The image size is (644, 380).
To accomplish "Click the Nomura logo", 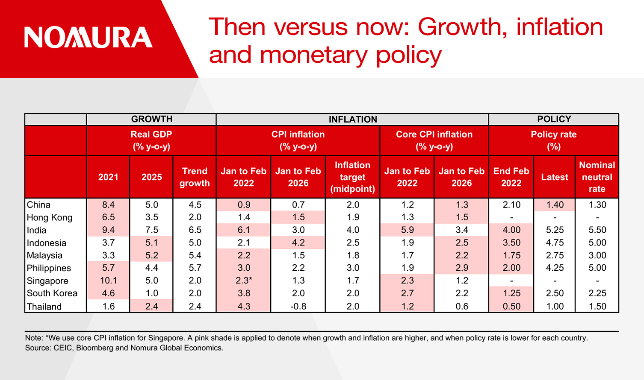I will (x=89, y=37).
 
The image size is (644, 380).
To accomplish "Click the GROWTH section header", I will (x=151, y=119).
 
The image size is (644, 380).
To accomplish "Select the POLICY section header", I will (x=554, y=119).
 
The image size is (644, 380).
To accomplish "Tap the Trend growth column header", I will (x=195, y=177).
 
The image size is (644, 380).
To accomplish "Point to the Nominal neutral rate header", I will (x=597, y=177).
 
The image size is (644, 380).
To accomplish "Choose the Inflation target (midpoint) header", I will (x=352, y=177).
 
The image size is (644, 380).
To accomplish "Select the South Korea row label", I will (x=52, y=293).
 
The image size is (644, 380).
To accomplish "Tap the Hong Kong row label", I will (x=50, y=217).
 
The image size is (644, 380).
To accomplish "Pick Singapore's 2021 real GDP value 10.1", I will (x=108, y=281).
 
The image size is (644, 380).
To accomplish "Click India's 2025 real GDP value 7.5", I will (x=152, y=230).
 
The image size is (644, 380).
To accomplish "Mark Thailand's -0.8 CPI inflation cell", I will (x=298, y=306).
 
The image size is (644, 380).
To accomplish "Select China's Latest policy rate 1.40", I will (x=555, y=205).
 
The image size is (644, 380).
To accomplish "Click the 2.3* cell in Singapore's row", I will (x=244, y=281).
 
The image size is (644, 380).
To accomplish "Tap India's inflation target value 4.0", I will (x=353, y=230).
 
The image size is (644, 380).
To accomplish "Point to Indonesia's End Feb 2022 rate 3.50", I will (x=511, y=243).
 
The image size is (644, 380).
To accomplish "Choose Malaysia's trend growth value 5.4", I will (x=195, y=255).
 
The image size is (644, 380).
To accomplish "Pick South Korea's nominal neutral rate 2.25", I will (x=597, y=293).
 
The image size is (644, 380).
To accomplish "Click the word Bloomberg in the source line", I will (x=95, y=348).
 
